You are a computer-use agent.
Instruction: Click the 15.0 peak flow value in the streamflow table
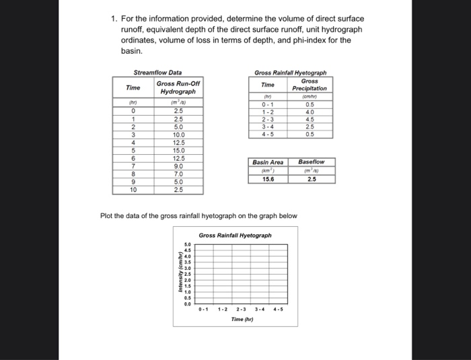coord(178,150)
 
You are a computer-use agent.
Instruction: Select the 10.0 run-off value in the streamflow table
coord(178,134)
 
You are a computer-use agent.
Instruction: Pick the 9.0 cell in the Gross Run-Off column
coord(178,166)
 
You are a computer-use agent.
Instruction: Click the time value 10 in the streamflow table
coord(133,190)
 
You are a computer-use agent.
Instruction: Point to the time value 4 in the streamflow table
coord(133,142)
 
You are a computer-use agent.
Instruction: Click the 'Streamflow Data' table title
coord(157,73)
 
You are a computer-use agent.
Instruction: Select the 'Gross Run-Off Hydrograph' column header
coord(178,87)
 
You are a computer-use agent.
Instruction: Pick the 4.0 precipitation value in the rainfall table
coord(309,113)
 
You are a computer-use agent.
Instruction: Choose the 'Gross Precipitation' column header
coord(309,84)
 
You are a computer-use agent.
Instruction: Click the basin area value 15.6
coord(268,179)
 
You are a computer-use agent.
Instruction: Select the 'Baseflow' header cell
coord(311,162)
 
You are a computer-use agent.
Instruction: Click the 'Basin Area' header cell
coord(268,162)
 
